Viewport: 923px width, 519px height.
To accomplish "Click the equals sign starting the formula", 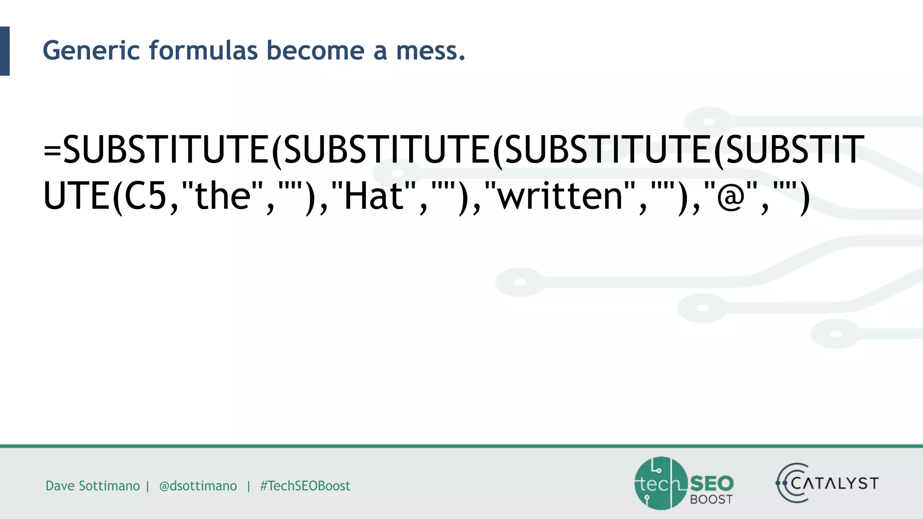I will point(52,150).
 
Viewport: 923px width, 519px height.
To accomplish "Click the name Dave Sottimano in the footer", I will point(92,486).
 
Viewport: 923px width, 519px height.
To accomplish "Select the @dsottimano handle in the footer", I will point(198,486).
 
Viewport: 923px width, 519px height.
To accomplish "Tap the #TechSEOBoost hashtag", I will point(305,486).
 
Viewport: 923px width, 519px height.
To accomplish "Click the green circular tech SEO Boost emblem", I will point(661,483).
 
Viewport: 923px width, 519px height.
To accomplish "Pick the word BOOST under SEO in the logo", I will point(711,499).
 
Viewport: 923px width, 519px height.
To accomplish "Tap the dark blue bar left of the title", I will point(5,51).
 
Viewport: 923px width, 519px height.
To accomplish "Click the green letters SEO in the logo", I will point(712,483).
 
